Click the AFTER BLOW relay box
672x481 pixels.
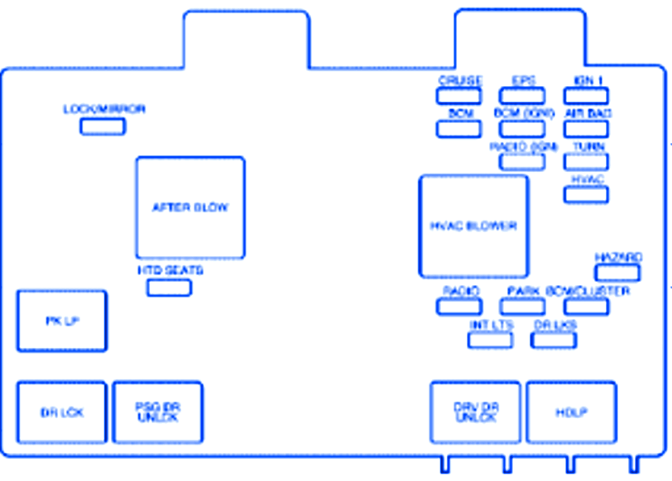[x=190, y=207]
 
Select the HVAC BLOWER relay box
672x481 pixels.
[x=473, y=226]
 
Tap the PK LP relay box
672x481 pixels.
[x=62, y=321]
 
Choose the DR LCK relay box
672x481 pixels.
[x=62, y=412]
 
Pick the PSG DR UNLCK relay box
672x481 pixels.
[x=157, y=412]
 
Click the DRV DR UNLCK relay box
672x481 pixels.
[x=475, y=412]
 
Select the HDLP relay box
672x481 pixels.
[x=571, y=412]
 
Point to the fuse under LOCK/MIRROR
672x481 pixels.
[x=103, y=126]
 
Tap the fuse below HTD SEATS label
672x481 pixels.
[x=169, y=288]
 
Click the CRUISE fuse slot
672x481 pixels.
[x=459, y=95]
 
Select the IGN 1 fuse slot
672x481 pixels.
[x=587, y=95]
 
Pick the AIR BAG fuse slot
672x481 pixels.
[x=587, y=128]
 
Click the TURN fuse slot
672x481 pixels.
[x=587, y=161]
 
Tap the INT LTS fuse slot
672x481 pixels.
[x=490, y=339]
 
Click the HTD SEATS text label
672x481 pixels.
[x=170, y=270]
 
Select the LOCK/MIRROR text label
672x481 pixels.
[x=104, y=109]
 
